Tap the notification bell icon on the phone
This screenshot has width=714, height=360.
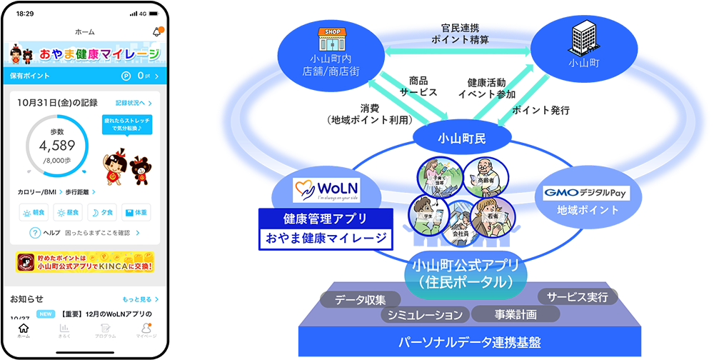coord(156,31)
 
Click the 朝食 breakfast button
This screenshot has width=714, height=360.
coord(34,212)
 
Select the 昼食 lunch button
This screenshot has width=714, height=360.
coord(68,212)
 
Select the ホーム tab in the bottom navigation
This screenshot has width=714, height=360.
coord(24,330)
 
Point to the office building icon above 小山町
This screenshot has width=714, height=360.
coord(584,38)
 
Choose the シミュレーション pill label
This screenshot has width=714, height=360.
coord(426,314)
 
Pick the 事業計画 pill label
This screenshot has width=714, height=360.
coord(515,314)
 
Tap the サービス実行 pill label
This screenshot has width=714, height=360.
coord(577,296)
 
